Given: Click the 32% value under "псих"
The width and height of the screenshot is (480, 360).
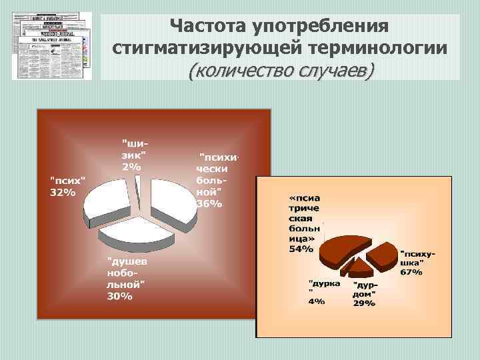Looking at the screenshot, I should (63, 193).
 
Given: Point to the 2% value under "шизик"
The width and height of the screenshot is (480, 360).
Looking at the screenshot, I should (131, 167).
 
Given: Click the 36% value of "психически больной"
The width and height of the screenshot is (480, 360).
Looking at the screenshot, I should (209, 203).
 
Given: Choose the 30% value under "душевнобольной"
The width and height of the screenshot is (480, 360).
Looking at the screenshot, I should (120, 296).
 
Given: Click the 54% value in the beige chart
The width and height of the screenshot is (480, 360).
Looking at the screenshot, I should (300, 249).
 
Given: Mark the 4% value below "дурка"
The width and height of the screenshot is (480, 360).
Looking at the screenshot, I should (316, 301).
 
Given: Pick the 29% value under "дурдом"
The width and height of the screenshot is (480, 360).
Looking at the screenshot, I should (364, 303).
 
